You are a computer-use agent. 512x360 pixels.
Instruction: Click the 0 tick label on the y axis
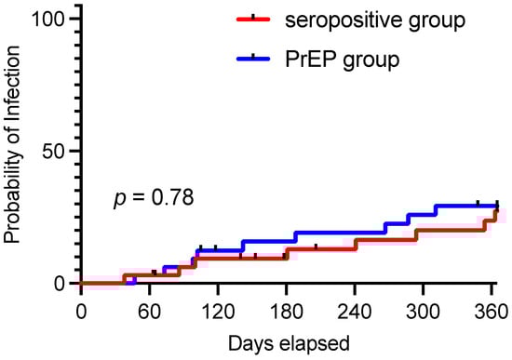(x=58, y=283)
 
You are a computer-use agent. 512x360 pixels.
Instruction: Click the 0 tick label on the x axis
(x=81, y=311)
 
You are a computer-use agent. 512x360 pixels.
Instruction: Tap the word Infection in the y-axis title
(x=14, y=98)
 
